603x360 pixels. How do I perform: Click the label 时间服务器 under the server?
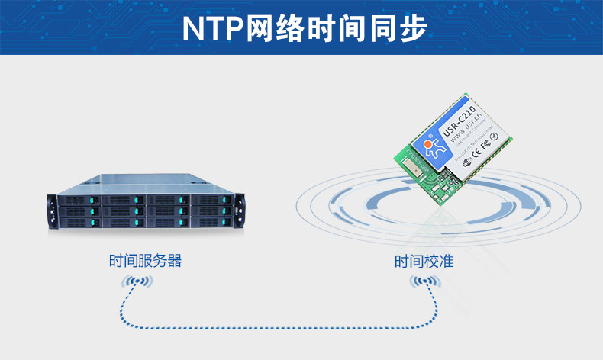146,262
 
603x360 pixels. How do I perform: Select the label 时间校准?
424,262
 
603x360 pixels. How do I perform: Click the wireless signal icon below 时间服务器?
137,284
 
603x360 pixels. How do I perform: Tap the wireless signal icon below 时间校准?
425,284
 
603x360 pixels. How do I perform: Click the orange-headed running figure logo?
432,146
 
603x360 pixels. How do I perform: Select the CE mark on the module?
475,149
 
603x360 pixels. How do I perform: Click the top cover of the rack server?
153,183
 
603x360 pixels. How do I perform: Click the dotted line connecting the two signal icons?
275,326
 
